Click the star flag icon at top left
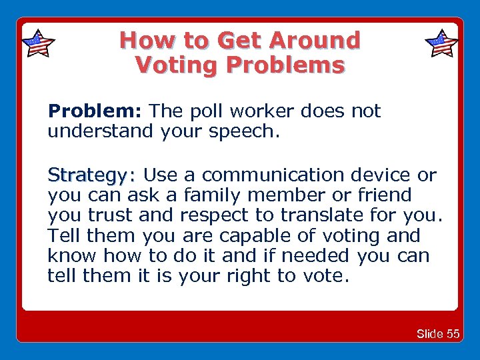(38, 44)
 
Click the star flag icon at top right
(441, 44)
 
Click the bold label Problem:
(95, 111)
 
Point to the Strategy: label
(91, 175)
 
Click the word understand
(101, 131)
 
